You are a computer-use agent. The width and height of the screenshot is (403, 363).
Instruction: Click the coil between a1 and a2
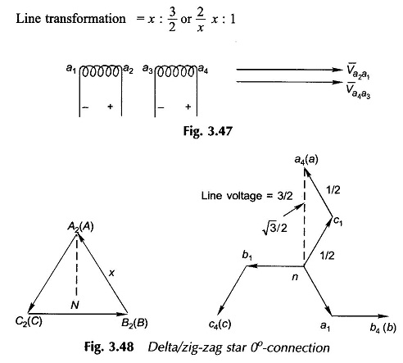(101, 71)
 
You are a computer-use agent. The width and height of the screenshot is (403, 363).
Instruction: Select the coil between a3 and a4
(176, 71)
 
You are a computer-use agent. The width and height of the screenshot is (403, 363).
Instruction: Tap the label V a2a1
(358, 71)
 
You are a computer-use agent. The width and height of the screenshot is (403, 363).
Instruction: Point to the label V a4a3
(358, 91)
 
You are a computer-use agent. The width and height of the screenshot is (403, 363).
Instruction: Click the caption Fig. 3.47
(207, 131)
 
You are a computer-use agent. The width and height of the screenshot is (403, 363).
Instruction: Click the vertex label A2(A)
(80, 227)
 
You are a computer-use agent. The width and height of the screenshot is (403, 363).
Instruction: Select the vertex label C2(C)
(29, 322)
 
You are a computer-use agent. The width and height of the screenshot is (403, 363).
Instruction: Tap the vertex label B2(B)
(134, 323)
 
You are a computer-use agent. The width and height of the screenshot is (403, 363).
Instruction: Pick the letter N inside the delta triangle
(75, 305)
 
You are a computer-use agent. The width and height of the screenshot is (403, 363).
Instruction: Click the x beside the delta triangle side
(111, 273)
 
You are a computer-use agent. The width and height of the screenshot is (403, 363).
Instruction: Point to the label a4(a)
(306, 160)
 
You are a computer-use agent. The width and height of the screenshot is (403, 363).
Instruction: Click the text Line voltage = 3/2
(247, 196)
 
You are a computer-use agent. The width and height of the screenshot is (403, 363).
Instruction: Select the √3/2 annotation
(274, 228)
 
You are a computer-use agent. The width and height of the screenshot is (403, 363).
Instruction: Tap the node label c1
(337, 221)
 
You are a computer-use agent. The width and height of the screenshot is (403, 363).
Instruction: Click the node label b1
(247, 256)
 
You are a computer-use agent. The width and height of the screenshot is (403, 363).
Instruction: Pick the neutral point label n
(295, 277)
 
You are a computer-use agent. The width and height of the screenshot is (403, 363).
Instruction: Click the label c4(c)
(220, 324)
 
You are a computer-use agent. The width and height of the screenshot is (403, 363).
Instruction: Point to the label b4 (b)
(383, 327)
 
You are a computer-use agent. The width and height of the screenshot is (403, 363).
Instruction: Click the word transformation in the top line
(85, 19)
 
